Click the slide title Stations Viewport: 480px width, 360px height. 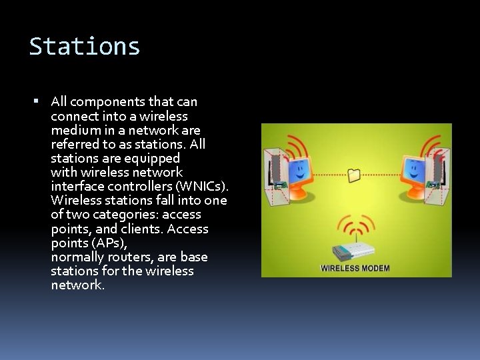pyautogui.click(x=85, y=47)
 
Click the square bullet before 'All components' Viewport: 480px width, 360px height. pyautogui.click(x=37, y=102)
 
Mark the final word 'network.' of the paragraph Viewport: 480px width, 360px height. pyautogui.click(x=78, y=285)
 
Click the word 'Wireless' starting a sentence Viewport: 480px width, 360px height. pyautogui.click(x=75, y=200)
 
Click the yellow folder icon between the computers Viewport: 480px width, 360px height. pyautogui.click(x=354, y=175)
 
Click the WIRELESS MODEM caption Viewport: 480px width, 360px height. pyautogui.click(x=355, y=268)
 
